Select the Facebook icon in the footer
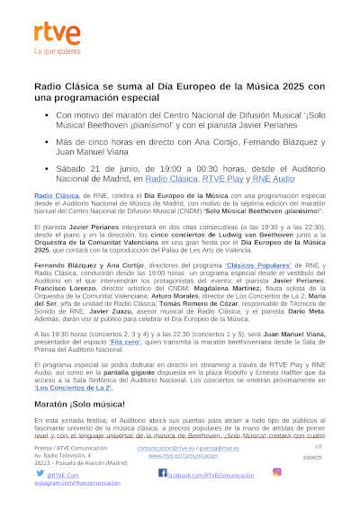[x=163, y=472]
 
